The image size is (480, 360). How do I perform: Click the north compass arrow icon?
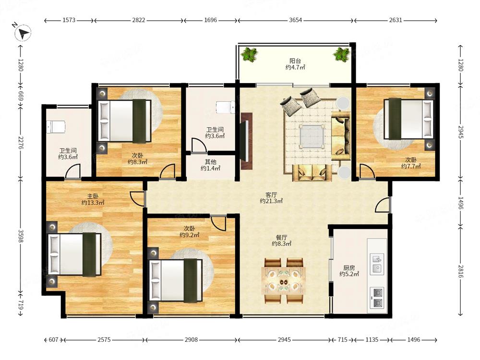(23, 33)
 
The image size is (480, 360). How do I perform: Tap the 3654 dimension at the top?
(295, 20)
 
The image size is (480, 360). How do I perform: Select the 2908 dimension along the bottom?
(192, 339)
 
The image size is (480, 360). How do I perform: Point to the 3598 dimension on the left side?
(21, 236)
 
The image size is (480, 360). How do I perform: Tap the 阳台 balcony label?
(295, 61)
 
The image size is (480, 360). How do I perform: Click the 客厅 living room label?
(271, 195)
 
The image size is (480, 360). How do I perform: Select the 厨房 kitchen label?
(349, 267)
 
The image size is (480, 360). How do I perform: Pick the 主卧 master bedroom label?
(93, 196)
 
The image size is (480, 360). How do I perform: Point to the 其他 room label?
(211, 162)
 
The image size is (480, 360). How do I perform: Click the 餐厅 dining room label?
(282, 237)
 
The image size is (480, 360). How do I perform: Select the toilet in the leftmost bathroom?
(56, 127)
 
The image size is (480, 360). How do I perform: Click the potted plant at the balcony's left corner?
(250, 55)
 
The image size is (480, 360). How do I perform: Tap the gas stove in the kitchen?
(378, 298)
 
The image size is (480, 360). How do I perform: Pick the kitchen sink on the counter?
(377, 264)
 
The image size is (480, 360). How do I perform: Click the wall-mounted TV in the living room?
(246, 141)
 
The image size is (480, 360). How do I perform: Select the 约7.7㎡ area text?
(411, 166)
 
